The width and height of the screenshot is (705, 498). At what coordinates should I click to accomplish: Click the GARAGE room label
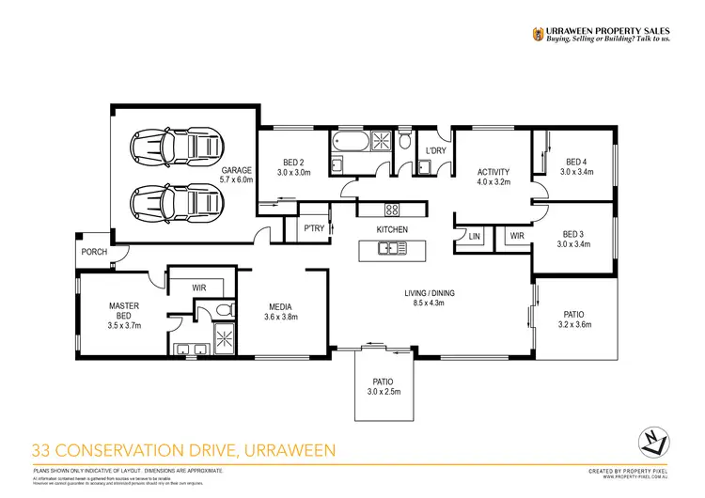point(237,171)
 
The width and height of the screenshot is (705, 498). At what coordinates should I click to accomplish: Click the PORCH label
point(94,252)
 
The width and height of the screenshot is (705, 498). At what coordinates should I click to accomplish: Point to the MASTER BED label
point(124,309)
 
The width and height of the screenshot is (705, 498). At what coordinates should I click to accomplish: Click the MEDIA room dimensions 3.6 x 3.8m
point(279,318)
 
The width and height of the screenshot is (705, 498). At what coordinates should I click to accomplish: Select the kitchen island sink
point(387,249)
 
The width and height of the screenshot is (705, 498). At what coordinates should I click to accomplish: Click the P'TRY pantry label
point(312,229)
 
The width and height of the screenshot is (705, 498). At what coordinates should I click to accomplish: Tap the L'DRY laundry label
point(435,150)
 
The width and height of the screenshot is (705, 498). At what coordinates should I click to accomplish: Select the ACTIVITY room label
point(493,172)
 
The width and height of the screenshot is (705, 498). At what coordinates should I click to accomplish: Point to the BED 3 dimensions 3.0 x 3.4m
point(573,244)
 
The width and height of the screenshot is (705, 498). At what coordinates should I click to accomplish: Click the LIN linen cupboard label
point(474,237)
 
